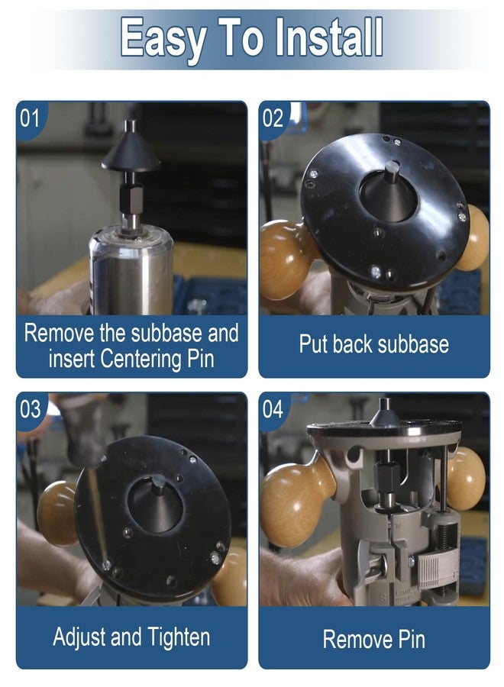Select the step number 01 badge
point(30,118)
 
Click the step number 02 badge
point(273,118)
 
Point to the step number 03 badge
point(30,409)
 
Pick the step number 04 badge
point(273,409)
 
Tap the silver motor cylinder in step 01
point(131,273)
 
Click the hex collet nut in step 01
point(131,198)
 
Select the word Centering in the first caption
point(141,360)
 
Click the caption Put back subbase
point(374,344)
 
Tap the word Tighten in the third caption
point(179,637)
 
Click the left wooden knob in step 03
point(58,513)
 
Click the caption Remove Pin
point(374,639)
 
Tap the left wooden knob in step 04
point(296,499)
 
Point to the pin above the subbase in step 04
point(385,412)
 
